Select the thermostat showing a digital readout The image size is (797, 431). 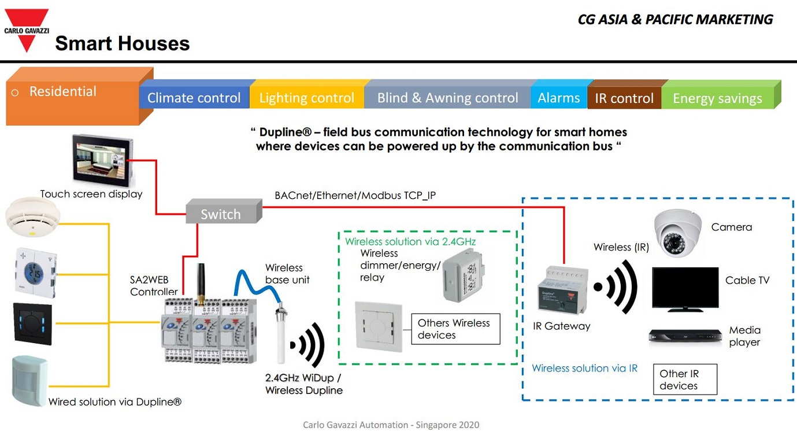35,270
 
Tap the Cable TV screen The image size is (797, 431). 685,288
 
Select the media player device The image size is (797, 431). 685,337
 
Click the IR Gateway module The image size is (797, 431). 561,292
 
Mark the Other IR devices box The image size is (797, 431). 685,380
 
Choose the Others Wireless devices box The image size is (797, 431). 455,329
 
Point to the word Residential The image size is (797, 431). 63,91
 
